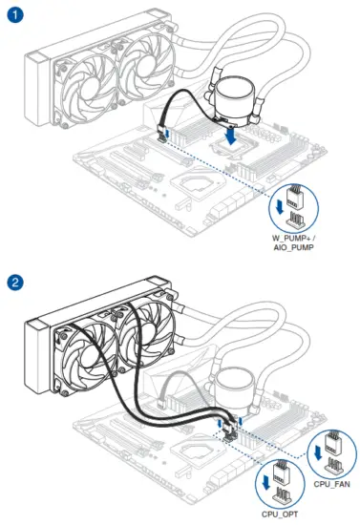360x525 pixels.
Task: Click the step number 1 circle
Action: coord(16,16)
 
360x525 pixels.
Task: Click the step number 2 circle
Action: coord(16,283)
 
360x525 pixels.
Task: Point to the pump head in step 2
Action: coord(237,388)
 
